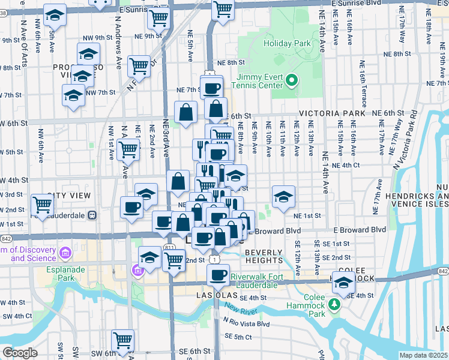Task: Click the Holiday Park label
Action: tap(289, 43)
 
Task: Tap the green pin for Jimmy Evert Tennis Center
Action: tap(292, 80)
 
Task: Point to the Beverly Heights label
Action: tap(264, 256)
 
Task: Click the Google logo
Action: tap(20, 352)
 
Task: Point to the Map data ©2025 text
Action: tap(423, 355)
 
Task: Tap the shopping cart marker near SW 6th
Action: tap(123, 340)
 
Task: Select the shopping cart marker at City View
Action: tap(43, 204)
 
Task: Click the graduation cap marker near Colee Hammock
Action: tap(343, 283)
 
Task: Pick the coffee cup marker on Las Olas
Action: tap(218, 275)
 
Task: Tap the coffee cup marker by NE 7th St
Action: tap(211, 88)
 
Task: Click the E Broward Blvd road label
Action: tap(359, 230)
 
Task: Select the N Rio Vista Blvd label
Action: tap(246, 324)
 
